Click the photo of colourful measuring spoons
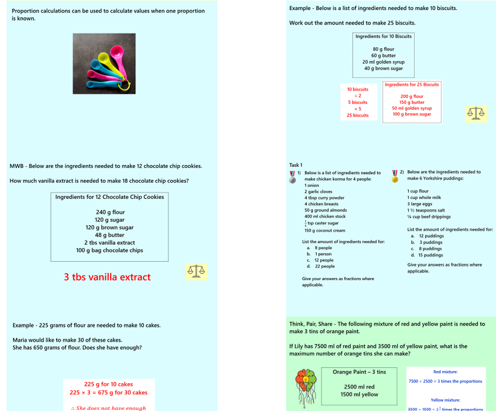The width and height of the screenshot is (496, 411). click(x=104, y=63)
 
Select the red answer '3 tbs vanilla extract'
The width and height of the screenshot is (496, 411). click(x=107, y=277)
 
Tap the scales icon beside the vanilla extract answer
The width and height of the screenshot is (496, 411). click(x=196, y=271)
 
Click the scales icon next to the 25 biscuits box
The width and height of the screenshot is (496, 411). click(x=475, y=113)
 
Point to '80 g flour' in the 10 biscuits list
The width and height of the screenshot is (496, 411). click(x=384, y=49)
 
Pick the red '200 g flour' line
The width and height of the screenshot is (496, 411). click(x=412, y=96)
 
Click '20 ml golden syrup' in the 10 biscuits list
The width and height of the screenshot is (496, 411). click(x=384, y=62)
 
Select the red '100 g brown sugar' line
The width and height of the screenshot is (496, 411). click(x=412, y=114)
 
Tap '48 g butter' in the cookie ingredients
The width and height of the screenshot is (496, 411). click(x=110, y=235)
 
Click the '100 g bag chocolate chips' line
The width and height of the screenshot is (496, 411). click(x=110, y=250)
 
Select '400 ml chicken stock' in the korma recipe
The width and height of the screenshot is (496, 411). click(x=325, y=216)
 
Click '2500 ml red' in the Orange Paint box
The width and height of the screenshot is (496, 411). click(x=359, y=386)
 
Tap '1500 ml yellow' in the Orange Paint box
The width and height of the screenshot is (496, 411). click(x=359, y=394)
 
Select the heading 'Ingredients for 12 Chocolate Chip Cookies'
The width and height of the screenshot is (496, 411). click(x=110, y=197)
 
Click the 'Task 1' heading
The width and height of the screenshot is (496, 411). click(x=296, y=165)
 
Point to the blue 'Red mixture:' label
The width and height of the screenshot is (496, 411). click(x=445, y=372)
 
